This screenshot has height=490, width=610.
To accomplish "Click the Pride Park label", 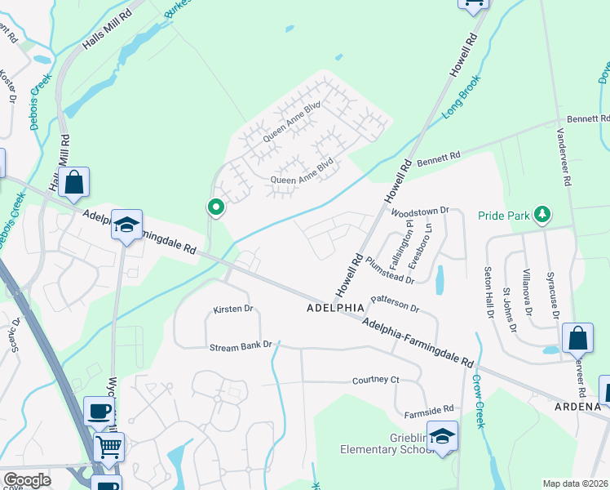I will pos(504,216).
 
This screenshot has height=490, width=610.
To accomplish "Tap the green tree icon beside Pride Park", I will pos(541,215).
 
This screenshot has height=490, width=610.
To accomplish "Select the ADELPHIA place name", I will pos(334,309).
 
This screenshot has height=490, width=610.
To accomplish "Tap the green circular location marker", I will pos(215,208).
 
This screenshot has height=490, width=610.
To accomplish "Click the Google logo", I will pos(27,479).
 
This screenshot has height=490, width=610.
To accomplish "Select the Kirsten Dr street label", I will pos(233,310).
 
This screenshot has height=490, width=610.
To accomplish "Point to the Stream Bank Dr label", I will pos(240,346).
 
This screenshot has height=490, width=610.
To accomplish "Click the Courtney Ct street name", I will pos(375,381).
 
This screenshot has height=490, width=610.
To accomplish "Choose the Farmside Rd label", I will pos(431,408).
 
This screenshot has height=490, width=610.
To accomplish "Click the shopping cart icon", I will pos(108,447).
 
